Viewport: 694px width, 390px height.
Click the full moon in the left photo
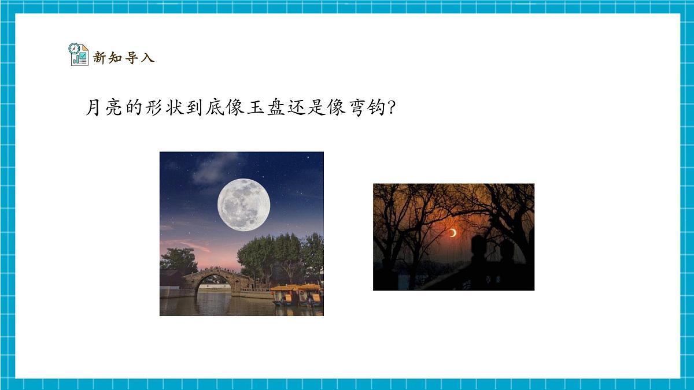tap(243, 205)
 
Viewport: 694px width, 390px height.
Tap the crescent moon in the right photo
tap(454, 232)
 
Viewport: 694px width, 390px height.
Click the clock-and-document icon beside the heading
tap(78, 54)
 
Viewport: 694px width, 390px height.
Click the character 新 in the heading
tap(99, 58)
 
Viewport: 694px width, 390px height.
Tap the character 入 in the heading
tap(147, 58)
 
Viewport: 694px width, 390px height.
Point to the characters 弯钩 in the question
tap(363, 107)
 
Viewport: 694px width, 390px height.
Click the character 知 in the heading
tap(116, 58)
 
